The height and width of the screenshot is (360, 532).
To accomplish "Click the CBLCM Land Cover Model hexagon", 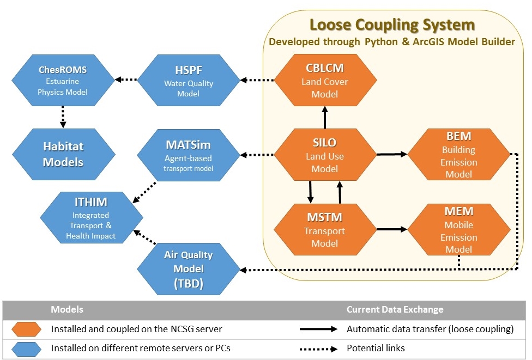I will click(x=325, y=81).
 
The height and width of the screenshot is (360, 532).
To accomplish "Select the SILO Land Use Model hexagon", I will click(x=325, y=155).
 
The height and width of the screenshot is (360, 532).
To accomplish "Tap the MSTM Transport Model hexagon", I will click(x=325, y=230).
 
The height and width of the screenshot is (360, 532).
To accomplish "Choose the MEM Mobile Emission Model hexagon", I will click(x=459, y=230).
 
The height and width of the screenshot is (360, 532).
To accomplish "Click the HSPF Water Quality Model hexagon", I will click(x=189, y=81).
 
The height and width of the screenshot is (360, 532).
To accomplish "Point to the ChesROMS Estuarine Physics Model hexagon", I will click(x=63, y=81).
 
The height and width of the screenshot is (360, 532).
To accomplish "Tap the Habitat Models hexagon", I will click(x=63, y=155).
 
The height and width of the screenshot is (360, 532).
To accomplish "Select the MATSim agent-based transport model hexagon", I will click(x=188, y=155).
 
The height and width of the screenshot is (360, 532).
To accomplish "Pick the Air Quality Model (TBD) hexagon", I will click(x=188, y=268).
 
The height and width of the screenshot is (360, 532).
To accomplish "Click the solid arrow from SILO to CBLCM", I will click(x=325, y=117).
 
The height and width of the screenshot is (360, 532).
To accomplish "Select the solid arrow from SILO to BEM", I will click(x=391, y=155).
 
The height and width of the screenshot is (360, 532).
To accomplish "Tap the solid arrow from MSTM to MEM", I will click(x=391, y=229).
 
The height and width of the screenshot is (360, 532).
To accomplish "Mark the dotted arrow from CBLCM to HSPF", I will click(x=257, y=81).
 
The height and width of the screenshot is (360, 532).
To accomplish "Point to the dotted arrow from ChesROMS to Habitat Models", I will click(x=63, y=117).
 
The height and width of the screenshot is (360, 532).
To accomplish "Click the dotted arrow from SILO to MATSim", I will click(x=257, y=155).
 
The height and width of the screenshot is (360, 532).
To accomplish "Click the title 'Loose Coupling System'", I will click(x=392, y=25).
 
